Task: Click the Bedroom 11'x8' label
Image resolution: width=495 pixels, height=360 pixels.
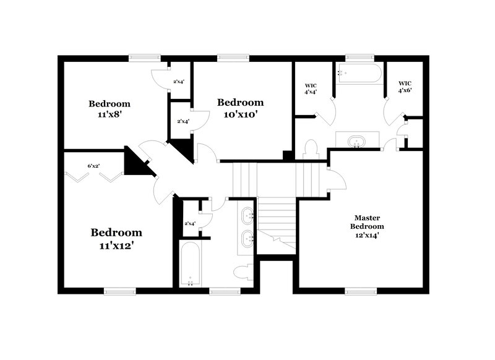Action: pos(109,109)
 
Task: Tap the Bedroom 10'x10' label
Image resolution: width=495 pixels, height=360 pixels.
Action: pos(240,108)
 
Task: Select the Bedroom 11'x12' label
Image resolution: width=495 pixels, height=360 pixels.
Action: pos(116,239)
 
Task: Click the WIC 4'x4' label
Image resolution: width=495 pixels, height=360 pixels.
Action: pos(311,88)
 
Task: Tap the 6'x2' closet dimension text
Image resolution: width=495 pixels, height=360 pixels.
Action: pos(93,166)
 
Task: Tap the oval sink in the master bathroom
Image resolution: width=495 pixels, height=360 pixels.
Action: pos(358,141)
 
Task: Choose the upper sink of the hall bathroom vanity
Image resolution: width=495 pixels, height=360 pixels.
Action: pos(247,216)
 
